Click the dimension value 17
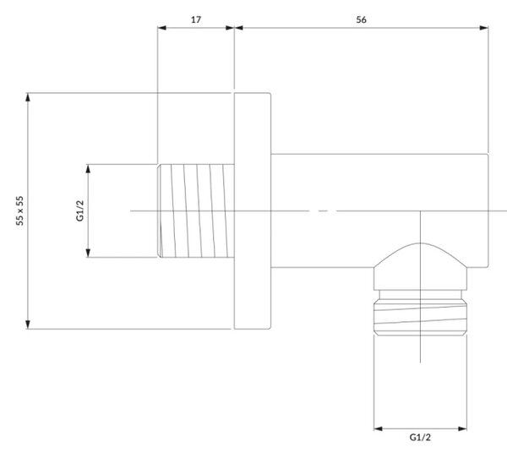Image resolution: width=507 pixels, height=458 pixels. tap(196, 19)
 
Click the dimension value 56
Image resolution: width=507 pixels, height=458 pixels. tap(361, 19)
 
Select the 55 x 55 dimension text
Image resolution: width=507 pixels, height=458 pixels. tap(19, 210)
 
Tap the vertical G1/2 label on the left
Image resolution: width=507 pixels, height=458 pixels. tap(80, 210)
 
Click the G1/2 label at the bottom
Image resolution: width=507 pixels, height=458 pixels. tap(420, 438)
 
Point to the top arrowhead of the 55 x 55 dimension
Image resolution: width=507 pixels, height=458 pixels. tap(28, 97)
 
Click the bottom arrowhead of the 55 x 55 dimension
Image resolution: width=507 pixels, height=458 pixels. tap(28, 324)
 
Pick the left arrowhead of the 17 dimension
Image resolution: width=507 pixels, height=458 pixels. tap(161, 28)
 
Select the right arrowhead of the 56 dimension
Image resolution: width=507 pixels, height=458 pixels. tap(484, 28)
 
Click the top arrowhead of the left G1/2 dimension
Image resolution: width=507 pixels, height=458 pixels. tap(88, 168)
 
